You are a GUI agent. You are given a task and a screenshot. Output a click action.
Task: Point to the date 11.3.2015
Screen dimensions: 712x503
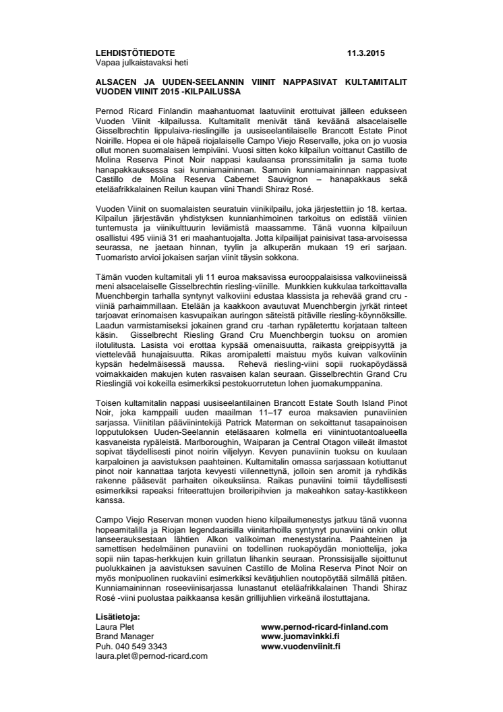(x=367, y=53)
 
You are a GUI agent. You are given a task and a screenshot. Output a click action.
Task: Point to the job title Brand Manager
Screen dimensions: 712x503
(x=125, y=636)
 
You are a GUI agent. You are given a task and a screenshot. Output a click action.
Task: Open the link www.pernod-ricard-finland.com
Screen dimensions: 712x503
(x=324, y=626)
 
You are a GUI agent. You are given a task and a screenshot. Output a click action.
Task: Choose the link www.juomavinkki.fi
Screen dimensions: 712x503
(x=300, y=636)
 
